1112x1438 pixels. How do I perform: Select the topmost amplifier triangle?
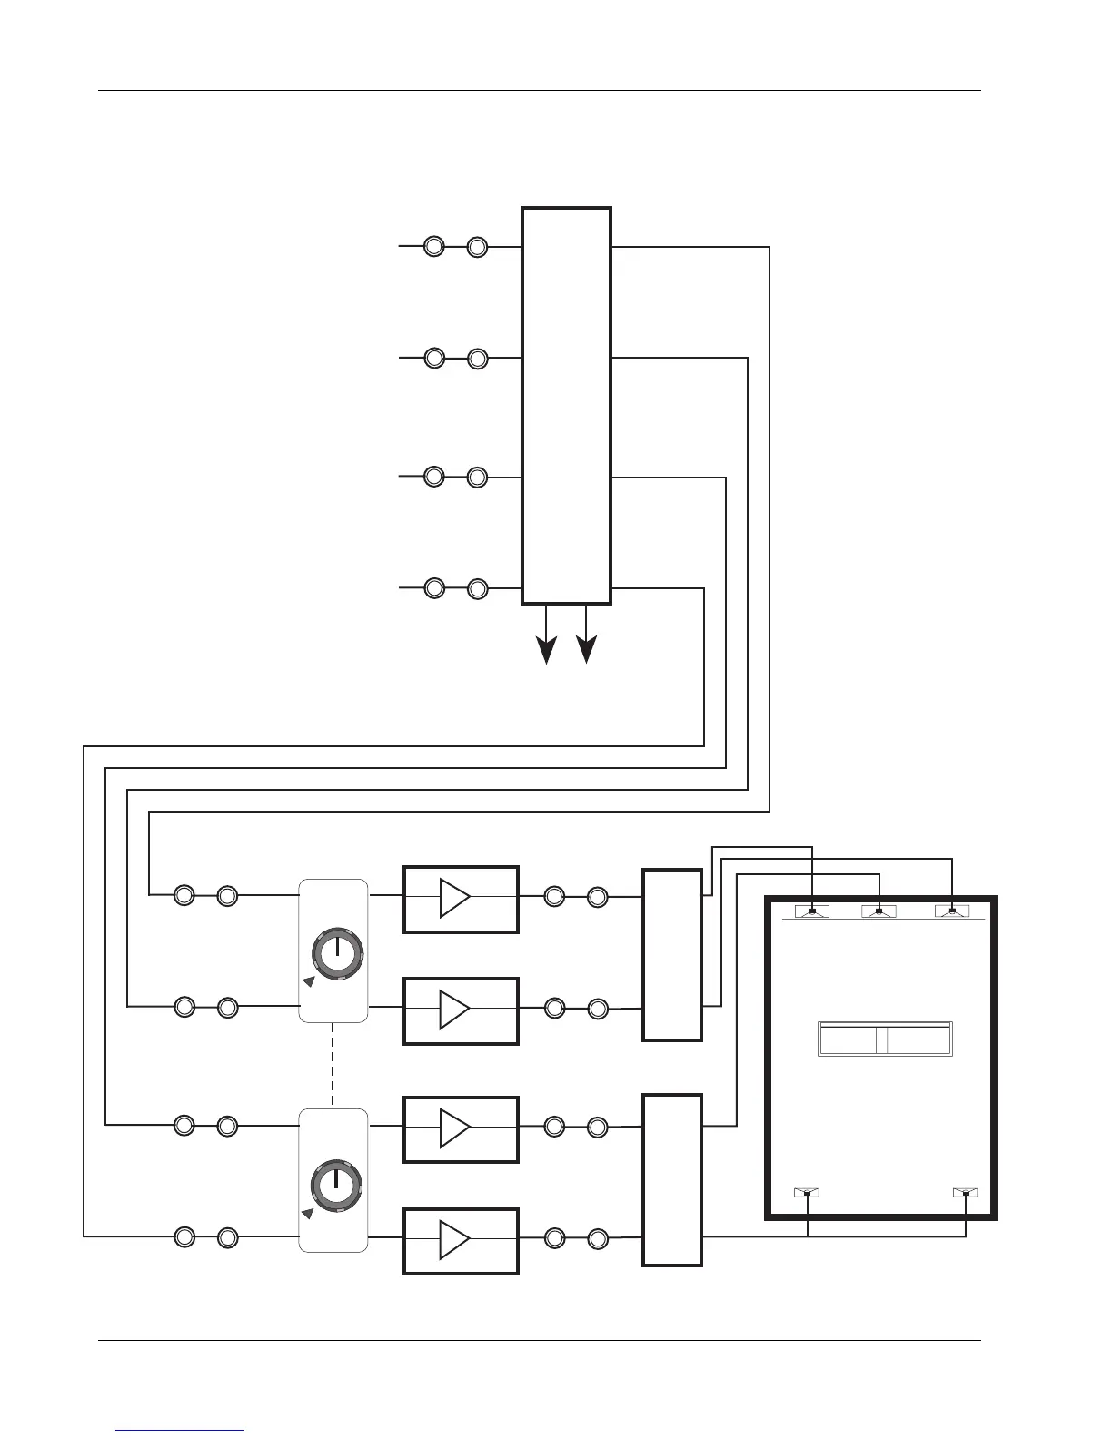pyautogui.click(x=454, y=898)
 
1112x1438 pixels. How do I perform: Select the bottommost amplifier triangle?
pyautogui.click(x=454, y=1239)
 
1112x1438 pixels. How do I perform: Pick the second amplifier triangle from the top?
pyautogui.click(x=454, y=1010)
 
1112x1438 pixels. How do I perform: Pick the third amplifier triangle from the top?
pyautogui.click(x=454, y=1128)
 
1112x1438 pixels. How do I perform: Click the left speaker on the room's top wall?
pyautogui.click(x=812, y=911)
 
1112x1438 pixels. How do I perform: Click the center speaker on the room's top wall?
pyautogui.click(x=879, y=911)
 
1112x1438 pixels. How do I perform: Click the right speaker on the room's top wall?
pyautogui.click(x=951, y=911)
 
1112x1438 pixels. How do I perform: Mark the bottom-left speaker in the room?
pyautogui.click(x=807, y=1192)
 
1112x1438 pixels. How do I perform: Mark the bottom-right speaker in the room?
pyautogui.click(x=965, y=1192)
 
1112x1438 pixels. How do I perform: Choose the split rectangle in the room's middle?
pyautogui.click(x=885, y=1039)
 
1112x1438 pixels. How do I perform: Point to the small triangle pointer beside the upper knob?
pyautogui.click(x=309, y=981)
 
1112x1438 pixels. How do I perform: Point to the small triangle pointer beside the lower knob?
pyautogui.click(x=309, y=1212)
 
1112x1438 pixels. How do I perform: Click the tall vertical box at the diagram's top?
pyautogui.click(x=566, y=406)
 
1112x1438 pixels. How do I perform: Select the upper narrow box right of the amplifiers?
pyautogui.click(x=672, y=954)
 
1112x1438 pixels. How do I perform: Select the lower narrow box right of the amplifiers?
pyautogui.click(x=672, y=1179)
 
